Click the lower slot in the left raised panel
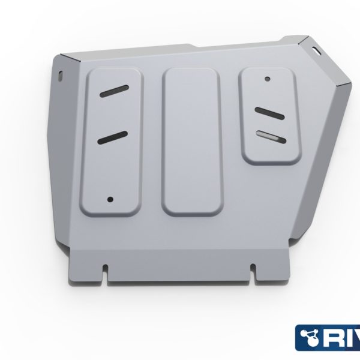(x=112, y=137)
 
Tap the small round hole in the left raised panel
(x=110, y=199)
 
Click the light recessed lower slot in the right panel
(x=268, y=135)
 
